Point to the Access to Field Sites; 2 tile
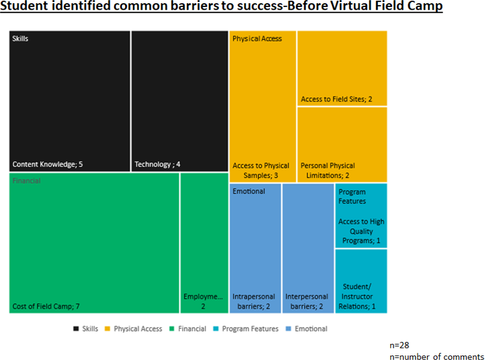pyautogui.click(x=342, y=68)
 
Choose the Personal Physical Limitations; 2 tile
pyautogui.click(x=342, y=145)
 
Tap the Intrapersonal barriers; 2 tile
pyautogui.click(x=255, y=248)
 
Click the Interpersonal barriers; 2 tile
pyautogui.click(x=308, y=248)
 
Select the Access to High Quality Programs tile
pyautogui.click(x=361, y=215)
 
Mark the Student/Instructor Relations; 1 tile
pyautogui.click(x=361, y=281)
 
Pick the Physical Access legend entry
pyautogui.click(x=134, y=329)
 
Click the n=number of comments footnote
pyautogui.click(x=435, y=355)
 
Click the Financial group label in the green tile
pyautogui.click(x=26, y=181)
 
